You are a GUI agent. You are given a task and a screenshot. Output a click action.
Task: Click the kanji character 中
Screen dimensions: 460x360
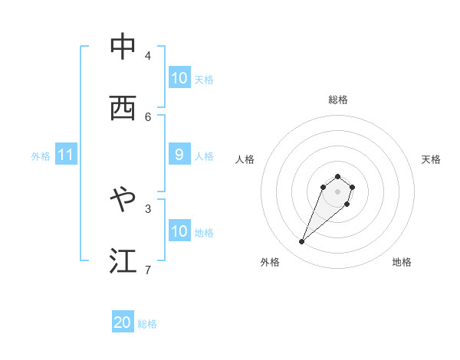[123, 47]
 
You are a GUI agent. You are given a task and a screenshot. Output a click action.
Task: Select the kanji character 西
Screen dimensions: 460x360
[123, 108]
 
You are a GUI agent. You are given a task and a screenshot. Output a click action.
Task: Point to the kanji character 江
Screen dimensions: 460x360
[123, 260]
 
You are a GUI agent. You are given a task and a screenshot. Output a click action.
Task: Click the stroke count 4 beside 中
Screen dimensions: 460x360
[148, 55]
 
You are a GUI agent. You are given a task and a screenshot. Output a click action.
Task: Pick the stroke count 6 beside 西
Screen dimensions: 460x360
[148, 116]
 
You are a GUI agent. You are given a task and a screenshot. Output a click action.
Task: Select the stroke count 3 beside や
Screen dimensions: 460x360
[148, 208]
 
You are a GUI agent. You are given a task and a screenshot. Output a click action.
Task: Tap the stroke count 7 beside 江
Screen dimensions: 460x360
[148, 269]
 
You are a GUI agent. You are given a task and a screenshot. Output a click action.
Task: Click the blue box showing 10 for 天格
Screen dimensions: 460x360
[179, 78]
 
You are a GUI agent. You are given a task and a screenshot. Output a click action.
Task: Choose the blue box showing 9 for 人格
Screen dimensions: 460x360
[179, 155]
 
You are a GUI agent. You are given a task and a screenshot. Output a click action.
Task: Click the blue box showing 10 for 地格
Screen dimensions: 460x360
[179, 231]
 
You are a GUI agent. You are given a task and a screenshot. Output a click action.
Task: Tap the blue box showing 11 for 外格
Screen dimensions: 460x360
[66, 155]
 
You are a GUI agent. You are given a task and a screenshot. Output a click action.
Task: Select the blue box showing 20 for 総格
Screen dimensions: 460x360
[123, 323]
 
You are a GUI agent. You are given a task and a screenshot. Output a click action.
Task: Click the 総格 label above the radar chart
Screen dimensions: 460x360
[337, 100]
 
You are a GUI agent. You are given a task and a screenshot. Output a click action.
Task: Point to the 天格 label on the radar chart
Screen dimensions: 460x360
[431, 159]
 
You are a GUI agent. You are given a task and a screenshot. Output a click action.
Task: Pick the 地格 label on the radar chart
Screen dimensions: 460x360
[402, 262]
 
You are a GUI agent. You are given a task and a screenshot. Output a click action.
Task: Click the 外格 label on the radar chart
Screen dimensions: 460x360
[270, 262]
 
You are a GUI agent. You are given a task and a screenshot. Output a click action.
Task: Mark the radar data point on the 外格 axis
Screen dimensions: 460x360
[302, 242]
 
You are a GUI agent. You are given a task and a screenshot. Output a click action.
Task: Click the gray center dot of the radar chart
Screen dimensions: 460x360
[337, 191]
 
